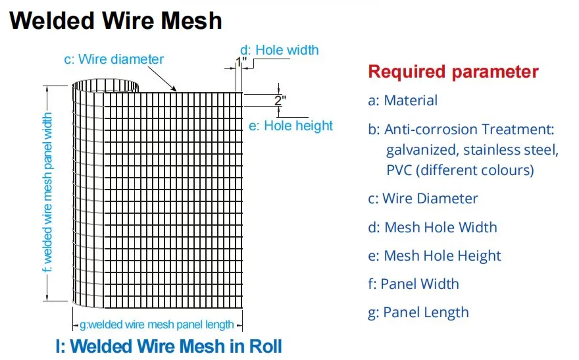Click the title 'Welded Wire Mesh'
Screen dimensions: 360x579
click(x=116, y=20)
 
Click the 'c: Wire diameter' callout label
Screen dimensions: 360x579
click(x=113, y=59)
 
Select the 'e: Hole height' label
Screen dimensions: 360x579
click(x=291, y=125)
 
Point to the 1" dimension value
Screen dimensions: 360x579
click(x=241, y=62)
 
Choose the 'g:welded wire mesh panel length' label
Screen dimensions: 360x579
click(x=157, y=324)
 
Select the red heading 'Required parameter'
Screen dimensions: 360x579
click(x=453, y=72)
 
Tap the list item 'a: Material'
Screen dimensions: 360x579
click(x=403, y=101)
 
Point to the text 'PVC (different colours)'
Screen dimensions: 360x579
click(x=460, y=170)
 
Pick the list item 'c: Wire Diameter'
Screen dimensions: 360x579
click(x=422, y=199)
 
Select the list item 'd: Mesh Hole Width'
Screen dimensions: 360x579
click(x=432, y=227)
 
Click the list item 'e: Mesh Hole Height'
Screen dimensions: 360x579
click(x=434, y=256)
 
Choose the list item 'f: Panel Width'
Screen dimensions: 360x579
click(x=413, y=284)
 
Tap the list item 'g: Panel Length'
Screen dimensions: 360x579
click(x=418, y=313)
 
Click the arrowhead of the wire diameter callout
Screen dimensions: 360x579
click(x=174, y=89)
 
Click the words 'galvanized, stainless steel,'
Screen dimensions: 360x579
click(x=472, y=150)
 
